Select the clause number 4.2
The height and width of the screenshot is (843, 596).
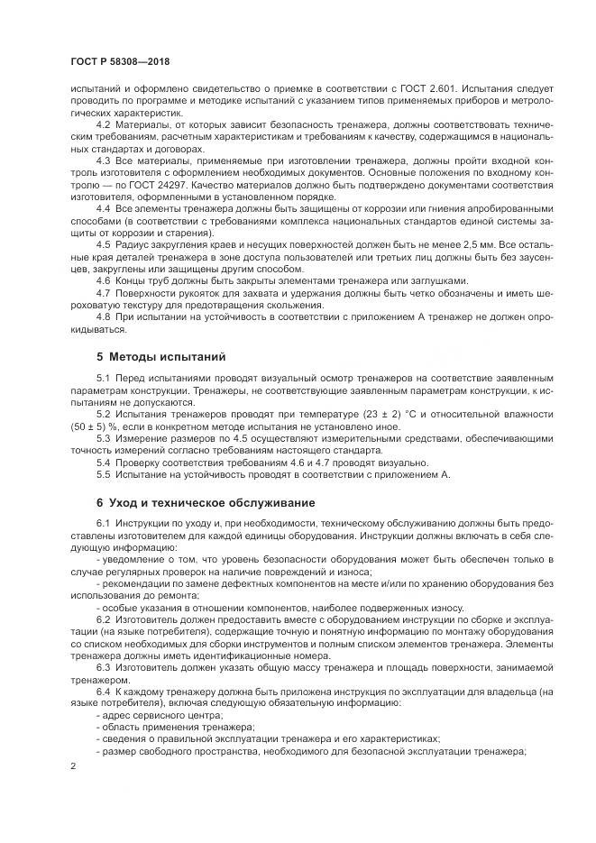click(103, 123)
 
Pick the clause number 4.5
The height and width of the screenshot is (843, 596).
click(103, 244)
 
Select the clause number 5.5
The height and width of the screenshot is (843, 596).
click(103, 474)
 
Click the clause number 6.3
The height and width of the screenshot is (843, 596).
click(103, 664)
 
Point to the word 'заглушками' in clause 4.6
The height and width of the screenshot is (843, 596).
click(437, 280)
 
